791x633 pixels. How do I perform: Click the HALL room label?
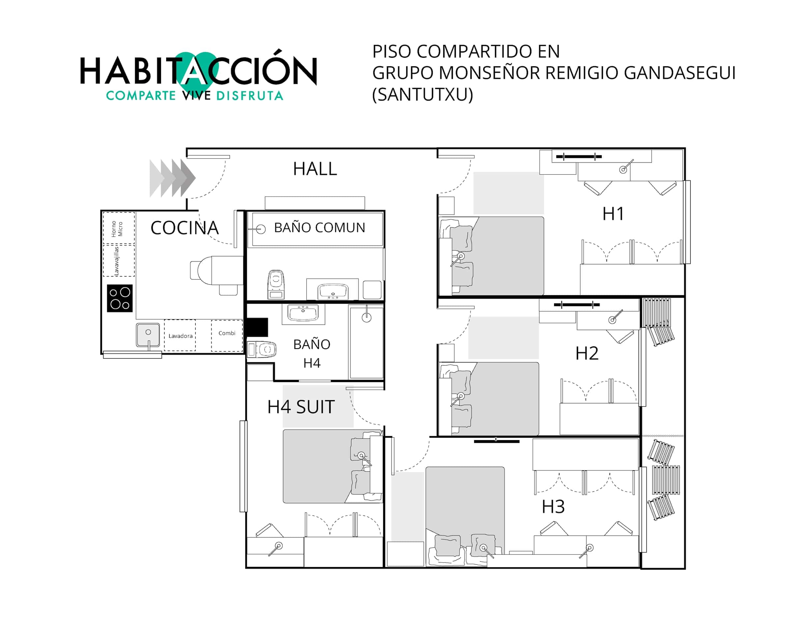pyautogui.click(x=315, y=169)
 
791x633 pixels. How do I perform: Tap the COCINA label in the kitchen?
pyautogui.click(x=185, y=228)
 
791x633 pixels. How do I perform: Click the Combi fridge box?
pyautogui.click(x=227, y=335)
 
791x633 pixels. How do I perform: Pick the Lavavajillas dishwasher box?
pyautogui.click(x=119, y=260)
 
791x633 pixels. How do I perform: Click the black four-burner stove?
pyautogui.click(x=120, y=298)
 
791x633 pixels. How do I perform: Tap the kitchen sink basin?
pyautogui.click(x=148, y=335)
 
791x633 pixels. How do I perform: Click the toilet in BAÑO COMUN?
pyautogui.click(x=276, y=285)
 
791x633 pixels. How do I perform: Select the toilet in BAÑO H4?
pyautogui.click(x=262, y=349)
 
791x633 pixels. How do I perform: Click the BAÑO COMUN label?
pyautogui.click(x=320, y=227)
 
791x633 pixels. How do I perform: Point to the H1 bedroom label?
pyautogui.click(x=613, y=214)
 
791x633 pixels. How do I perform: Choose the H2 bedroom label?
pyautogui.click(x=587, y=353)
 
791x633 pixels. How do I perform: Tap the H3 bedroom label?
pyautogui.click(x=553, y=507)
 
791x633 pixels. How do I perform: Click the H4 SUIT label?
pyautogui.click(x=301, y=407)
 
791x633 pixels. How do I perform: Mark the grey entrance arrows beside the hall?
pyautogui.click(x=172, y=178)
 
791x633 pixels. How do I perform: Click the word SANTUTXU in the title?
pyautogui.click(x=423, y=95)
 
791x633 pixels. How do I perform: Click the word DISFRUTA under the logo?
pyautogui.click(x=249, y=96)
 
